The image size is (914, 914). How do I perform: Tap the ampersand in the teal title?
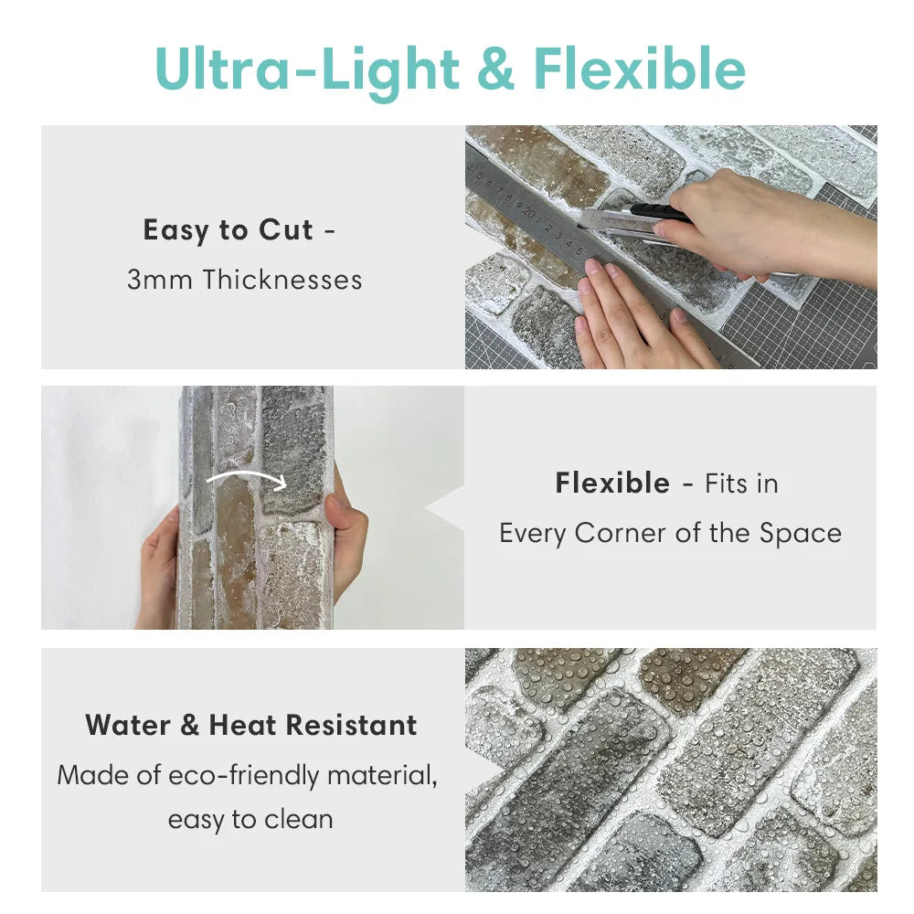click(495, 69)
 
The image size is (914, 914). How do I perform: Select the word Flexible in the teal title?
click(640, 69)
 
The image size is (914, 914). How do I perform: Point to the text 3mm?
click(160, 280)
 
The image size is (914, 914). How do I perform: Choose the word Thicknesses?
click(282, 279)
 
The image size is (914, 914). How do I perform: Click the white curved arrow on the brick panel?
click(247, 477)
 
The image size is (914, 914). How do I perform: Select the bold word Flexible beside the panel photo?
click(612, 484)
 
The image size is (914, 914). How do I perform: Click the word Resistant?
click(352, 726)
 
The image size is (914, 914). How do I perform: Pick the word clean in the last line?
click(299, 820)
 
